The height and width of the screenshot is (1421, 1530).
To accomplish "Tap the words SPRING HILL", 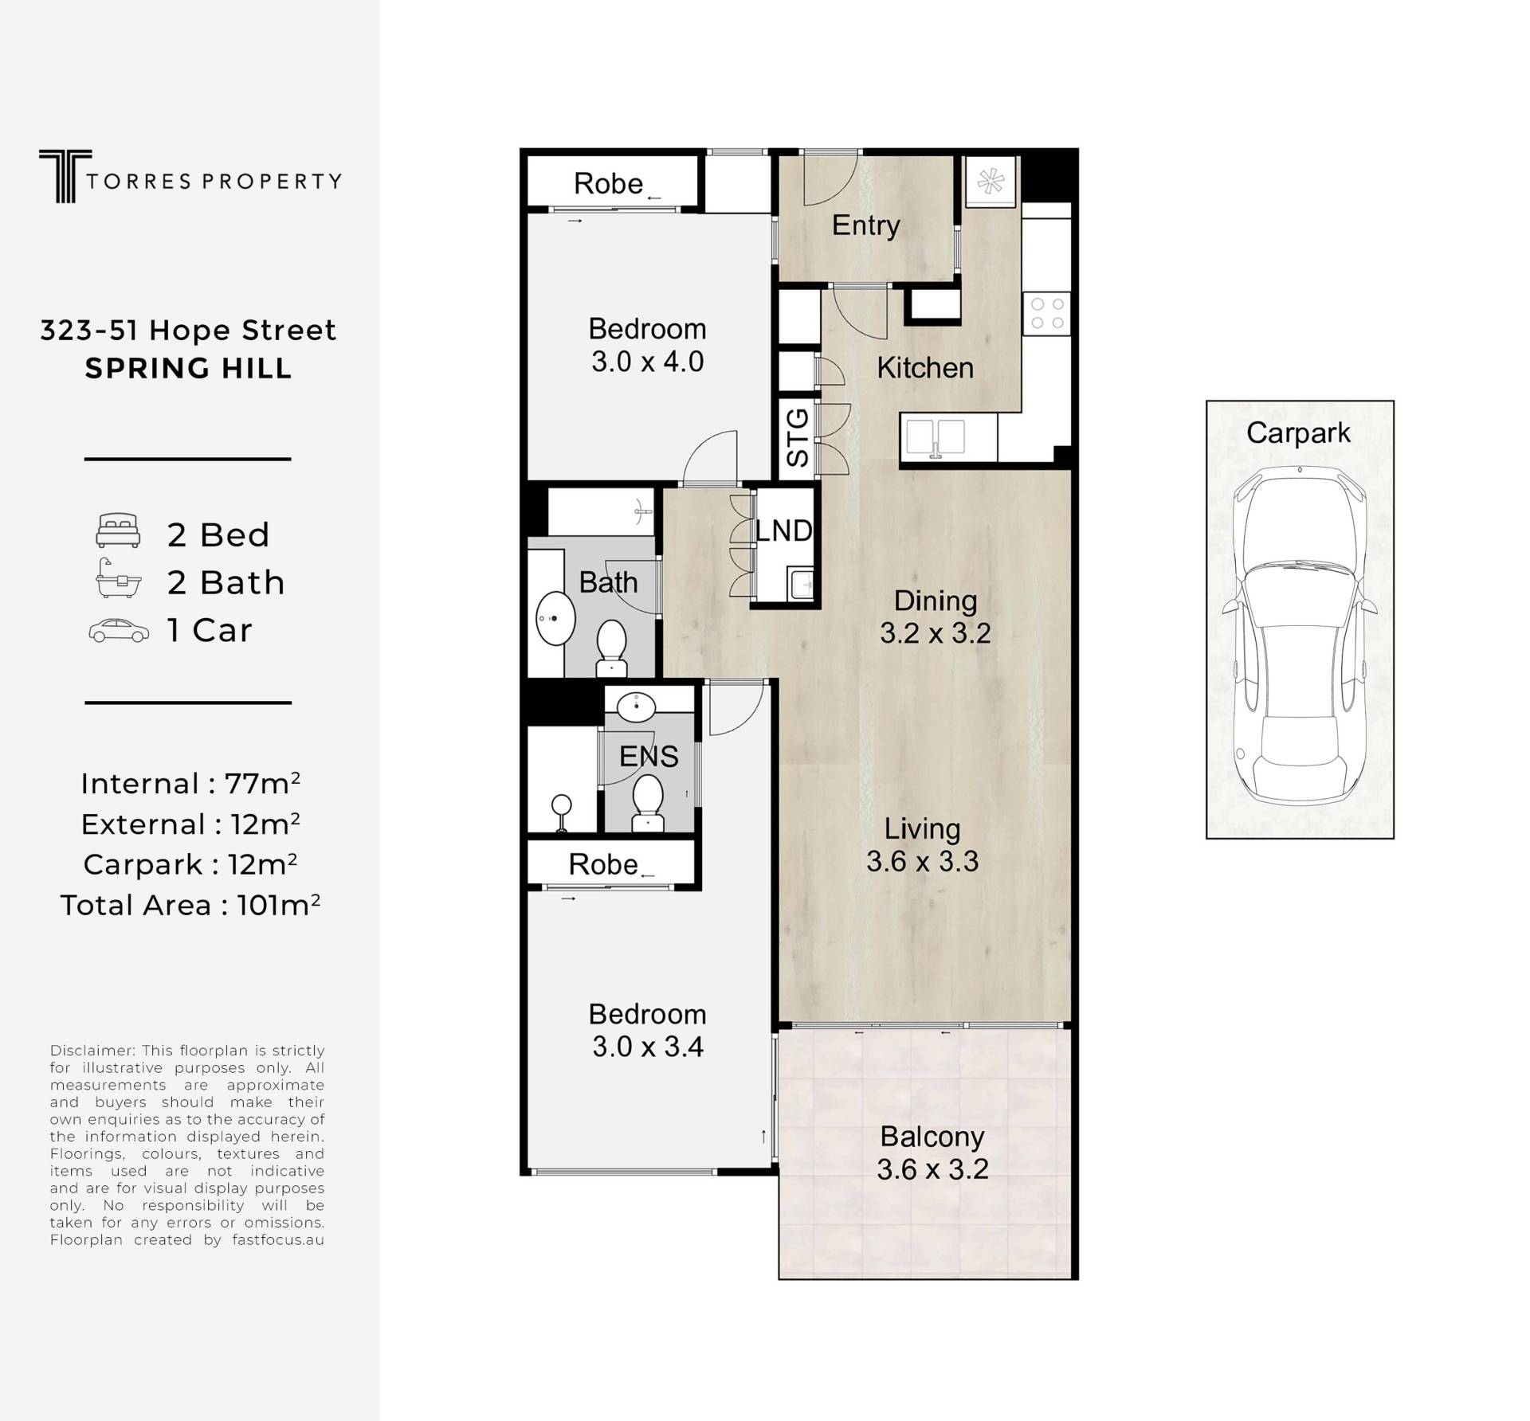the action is click(x=189, y=369).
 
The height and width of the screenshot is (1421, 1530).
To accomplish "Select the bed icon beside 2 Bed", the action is click(x=118, y=530).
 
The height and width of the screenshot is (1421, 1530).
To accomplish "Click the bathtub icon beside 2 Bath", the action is click(x=118, y=578).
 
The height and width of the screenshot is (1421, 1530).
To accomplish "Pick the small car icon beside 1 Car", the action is click(x=119, y=630).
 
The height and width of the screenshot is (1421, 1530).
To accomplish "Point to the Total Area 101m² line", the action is click(x=190, y=905).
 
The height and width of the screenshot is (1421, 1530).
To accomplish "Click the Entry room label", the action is click(x=866, y=226).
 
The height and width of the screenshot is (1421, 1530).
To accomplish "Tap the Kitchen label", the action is click(x=925, y=368).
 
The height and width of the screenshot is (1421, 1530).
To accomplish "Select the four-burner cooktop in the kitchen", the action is click(x=1047, y=313).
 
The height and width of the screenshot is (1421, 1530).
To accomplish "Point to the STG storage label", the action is click(x=798, y=437).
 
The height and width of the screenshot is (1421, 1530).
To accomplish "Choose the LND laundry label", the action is click(x=784, y=530).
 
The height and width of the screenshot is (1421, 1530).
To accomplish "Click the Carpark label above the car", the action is click(x=1298, y=433).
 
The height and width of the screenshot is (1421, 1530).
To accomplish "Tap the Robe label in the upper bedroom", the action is click(x=608, y=184).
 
